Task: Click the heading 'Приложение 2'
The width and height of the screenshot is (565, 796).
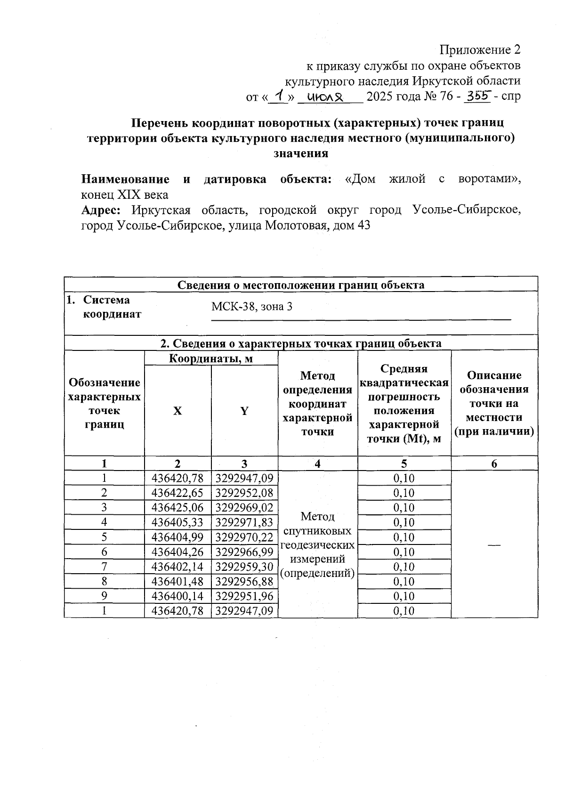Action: (x=480, y=50)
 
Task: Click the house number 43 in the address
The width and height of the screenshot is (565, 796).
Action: (x=363, y=225)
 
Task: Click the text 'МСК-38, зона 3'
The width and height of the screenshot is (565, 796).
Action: (x=251, y=307)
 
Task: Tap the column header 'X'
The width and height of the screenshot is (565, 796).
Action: (x=177, y=411)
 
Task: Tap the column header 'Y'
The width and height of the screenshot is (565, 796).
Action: (x=244, y=411)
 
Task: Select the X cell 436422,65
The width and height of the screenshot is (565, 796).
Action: (x=178, y=493)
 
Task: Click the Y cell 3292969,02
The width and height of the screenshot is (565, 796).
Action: (x=244, y=508)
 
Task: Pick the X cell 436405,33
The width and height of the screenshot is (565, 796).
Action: (x=178, y=522)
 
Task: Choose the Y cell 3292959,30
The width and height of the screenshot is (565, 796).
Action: (x=244, y=567)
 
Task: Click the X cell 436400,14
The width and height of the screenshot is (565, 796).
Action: (x=178, y=596)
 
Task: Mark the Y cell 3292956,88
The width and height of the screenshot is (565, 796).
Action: (x=244, y=582)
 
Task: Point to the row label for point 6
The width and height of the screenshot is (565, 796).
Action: (x=104, y=552)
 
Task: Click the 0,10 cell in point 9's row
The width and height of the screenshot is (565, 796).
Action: (x=404, y=596)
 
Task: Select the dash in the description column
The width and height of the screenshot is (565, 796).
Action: (x=493, y=544)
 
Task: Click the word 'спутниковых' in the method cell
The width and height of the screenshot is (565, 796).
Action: (x=317, y=531)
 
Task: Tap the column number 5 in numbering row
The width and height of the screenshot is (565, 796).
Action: (x=404, y=463)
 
